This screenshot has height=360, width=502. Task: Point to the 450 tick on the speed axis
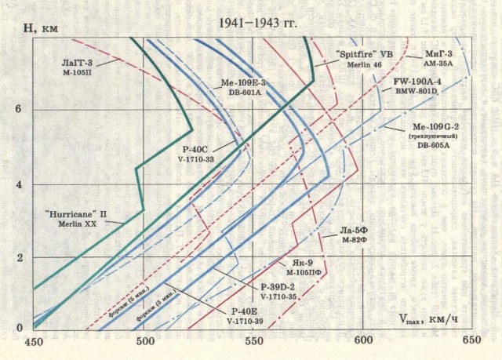pos(35,342)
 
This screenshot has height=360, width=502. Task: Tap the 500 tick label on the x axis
pos(144,342)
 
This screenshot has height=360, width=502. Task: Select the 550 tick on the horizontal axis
pos(253,342)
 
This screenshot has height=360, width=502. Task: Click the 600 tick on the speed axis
pos(363,342)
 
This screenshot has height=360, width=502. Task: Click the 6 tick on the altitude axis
pos(18,110)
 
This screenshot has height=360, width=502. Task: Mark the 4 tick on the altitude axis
pos(18,184)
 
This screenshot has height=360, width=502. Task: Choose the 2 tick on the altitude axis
pos(18,257)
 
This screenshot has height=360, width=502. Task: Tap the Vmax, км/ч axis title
pos(427,322)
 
